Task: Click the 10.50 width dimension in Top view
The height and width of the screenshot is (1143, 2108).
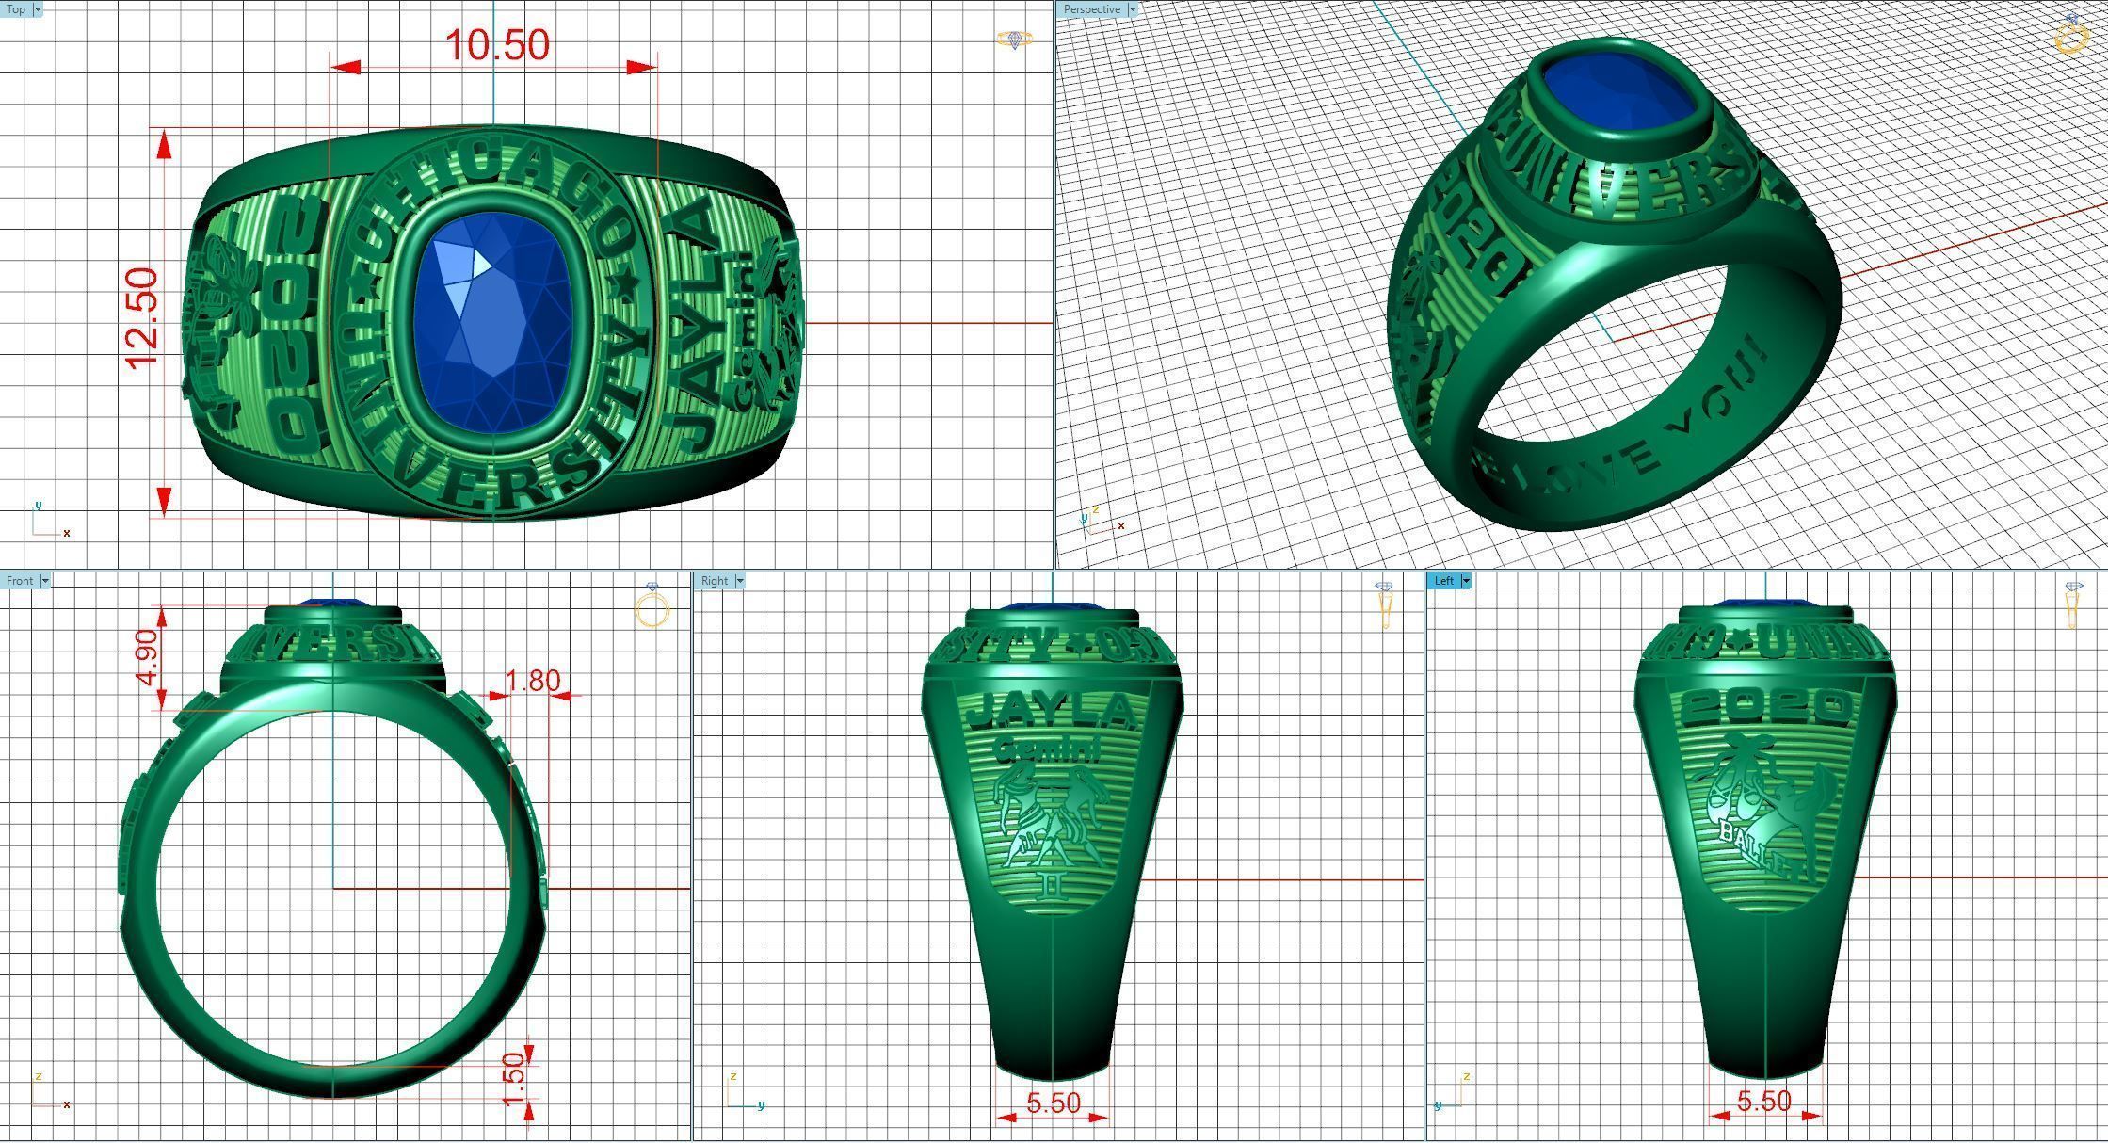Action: point(496,45)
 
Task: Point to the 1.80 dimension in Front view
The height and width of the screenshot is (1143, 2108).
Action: point(532,681)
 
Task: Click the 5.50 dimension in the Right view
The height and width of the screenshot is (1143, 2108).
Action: point(1053,1103)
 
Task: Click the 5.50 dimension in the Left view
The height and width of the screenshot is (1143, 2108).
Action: point(1763,1101)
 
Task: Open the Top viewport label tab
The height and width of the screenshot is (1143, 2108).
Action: point(16,9)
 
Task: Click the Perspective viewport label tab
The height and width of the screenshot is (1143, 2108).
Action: point(1091,9)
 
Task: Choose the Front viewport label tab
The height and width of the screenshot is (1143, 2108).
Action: point(20,581)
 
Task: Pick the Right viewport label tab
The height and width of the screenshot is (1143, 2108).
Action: point(715,581)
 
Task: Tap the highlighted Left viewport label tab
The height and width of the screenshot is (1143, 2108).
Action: point(1444,581)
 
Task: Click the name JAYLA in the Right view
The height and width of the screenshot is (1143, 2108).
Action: point(1050,711)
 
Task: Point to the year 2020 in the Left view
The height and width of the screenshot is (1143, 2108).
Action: point(1765,707)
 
